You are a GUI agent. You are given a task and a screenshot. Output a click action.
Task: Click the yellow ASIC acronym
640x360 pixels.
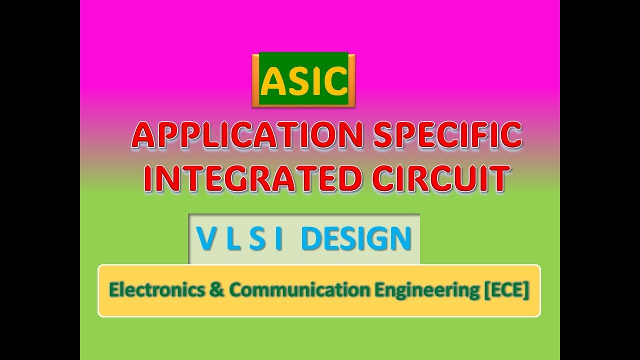tap(304, 81)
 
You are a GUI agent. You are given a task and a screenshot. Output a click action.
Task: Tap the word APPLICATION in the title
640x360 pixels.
tap(247, 135)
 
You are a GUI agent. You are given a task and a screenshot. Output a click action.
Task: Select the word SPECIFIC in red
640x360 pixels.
tap(447, 135)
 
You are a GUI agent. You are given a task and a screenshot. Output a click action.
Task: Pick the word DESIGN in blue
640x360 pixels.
tap(356, 239)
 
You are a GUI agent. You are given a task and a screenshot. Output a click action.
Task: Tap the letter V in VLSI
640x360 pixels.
tap(206, 239)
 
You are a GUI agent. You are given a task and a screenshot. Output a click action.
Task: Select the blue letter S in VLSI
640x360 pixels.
tap(257, 239)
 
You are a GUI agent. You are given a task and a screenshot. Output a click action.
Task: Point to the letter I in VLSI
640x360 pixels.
tap(278, 239)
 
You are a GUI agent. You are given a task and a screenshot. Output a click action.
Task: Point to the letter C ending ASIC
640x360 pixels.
tap(335, 82)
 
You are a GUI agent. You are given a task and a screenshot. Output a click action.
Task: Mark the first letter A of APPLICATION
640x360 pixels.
tap(144, 135)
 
